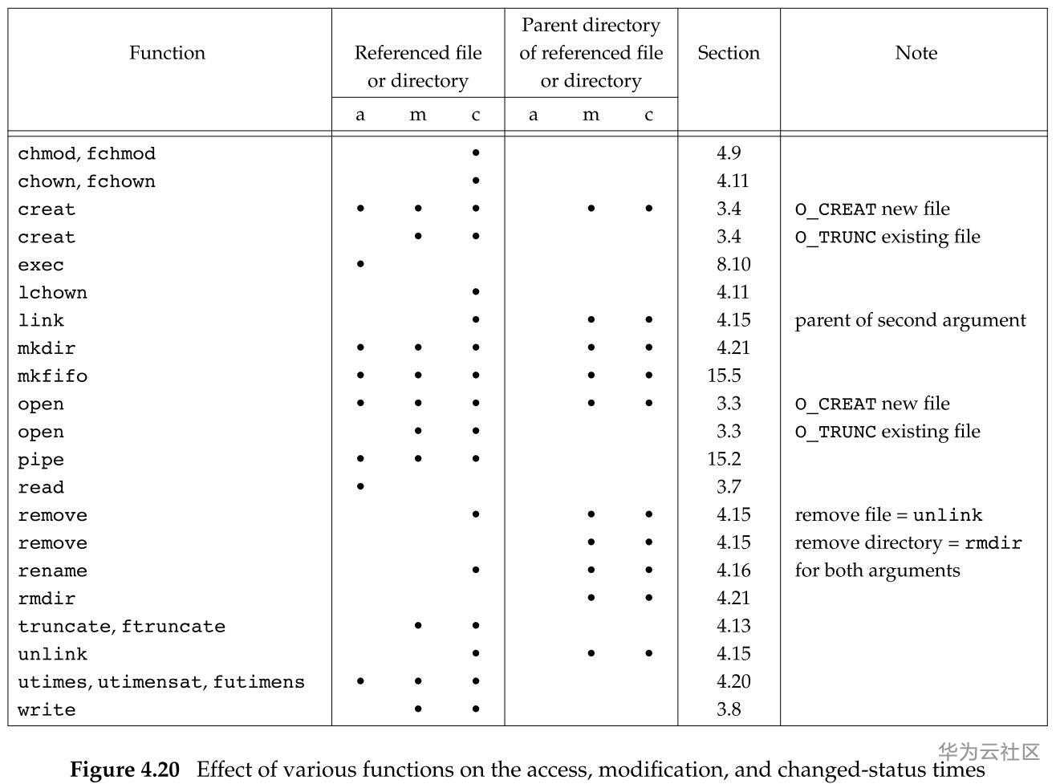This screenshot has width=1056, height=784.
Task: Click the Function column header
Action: [x=167, y=53]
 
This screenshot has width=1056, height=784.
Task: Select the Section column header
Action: [x=729, y=53]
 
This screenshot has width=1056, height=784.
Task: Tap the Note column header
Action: [x=916, y=53]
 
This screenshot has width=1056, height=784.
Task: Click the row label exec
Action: [x=40, y=265]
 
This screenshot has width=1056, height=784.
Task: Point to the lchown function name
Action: [x=52, y=292]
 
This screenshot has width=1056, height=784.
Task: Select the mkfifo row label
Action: [x=52, y=376]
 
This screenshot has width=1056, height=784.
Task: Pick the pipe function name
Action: [x=40, y=460]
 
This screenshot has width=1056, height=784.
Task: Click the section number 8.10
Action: [x=733, y=264]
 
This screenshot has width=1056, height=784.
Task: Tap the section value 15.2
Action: [x=724, y=459]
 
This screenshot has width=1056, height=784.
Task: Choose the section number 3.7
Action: [x=729, y=487]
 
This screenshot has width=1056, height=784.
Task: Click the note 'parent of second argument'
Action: [x=910, y=320]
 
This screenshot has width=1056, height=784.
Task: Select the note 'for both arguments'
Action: [x=878, y=571]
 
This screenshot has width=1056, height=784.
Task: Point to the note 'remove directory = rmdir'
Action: [x=908, y=543]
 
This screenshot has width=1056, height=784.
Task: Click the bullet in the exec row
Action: [x=360, y=264]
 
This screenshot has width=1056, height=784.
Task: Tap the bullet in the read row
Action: [x=360, y=486]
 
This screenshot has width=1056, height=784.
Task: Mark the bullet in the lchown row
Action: [x=476, y=291]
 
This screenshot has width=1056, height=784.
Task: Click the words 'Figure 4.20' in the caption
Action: [x=124, y=770]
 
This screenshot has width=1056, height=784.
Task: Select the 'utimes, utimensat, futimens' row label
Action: [x=161, y=682]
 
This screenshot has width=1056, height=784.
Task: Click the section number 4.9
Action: [x=729, y=153]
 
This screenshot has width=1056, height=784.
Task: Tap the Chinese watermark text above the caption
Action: [x=989, y=753]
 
